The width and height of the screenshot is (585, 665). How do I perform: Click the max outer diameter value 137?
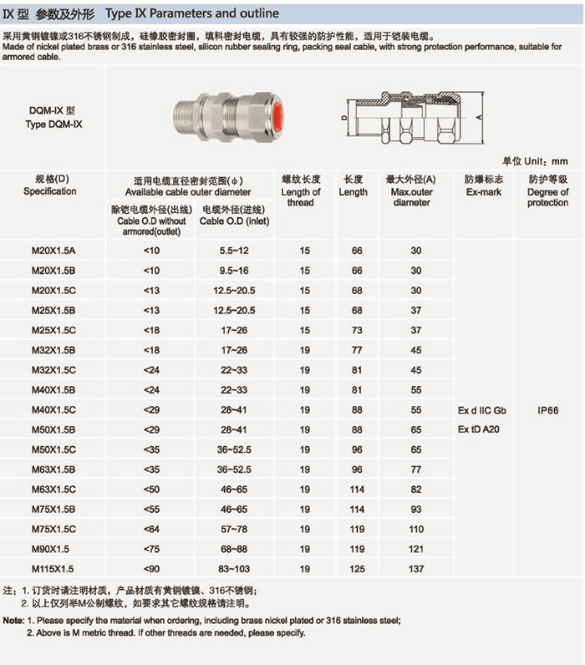point(415,568)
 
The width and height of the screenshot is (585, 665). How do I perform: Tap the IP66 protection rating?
point(548,410)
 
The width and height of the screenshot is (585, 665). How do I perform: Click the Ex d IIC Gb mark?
point(482,410)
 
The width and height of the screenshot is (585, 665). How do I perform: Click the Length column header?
point(354,185)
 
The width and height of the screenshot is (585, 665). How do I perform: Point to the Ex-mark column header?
point(480,185)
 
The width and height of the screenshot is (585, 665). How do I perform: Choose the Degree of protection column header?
point(548,191)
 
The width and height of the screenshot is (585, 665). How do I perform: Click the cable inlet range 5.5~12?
point(234,251)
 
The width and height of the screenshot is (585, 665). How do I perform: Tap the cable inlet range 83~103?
point(234,568)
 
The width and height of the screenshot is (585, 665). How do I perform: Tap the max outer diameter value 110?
point(415,529)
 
